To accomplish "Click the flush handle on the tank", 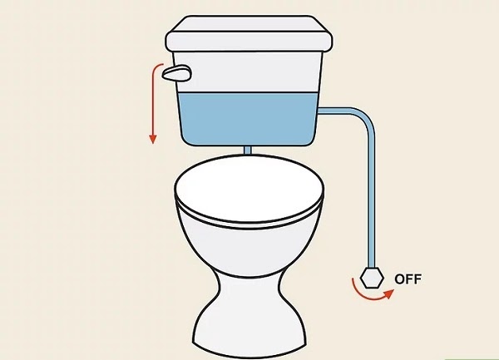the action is click(x=176, y=72).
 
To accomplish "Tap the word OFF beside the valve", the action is click(x=408, y=279).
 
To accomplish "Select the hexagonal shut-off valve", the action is click(x=372, y=278).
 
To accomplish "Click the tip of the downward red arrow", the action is click(x=153, y=143).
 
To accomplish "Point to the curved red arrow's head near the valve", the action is click(x=389, y=293).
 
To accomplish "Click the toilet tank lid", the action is click(x=249, y=33).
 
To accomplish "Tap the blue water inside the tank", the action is click(x=249, y=119).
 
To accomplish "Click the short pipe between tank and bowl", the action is click(x=247, y=150).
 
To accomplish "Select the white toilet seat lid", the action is click(x=249, y=190).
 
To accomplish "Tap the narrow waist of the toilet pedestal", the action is click(x=250, y=288).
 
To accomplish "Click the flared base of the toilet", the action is click(x=250, y=334).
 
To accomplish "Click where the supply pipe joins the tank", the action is click(x=319, y=111).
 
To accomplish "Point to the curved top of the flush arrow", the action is click(x=156, y=67).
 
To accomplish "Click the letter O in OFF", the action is click(x=400, y=279).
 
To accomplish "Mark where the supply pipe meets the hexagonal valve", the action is click(x=372, y=268).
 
